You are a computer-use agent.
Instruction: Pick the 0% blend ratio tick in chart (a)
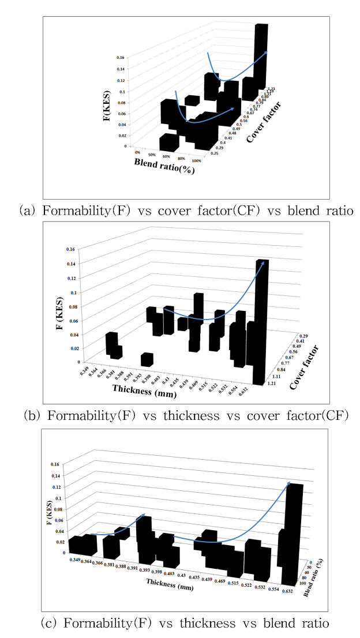137,152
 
